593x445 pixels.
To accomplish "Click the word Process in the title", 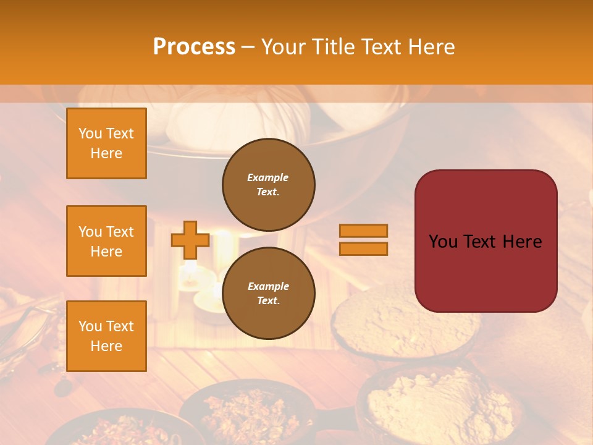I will point(194,47).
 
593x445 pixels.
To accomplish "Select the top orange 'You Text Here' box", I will point(106,143).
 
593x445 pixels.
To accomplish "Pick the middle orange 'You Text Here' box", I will point(106,241).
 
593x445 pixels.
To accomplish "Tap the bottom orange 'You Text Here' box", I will point(106,336).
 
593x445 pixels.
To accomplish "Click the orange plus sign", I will point(190,240).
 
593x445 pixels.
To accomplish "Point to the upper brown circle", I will point(268,184).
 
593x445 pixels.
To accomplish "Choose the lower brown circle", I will point(268,293).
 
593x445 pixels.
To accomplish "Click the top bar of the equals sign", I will point(363,231).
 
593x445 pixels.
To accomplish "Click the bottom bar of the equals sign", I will point(363,248).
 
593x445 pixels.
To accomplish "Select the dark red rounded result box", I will point(486,241).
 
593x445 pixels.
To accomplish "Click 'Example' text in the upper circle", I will point(268,177).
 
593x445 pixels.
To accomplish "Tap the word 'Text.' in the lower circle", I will point(268,300).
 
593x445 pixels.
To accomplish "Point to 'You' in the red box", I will point(443,242).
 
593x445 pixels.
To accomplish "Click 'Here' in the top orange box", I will point(106,153).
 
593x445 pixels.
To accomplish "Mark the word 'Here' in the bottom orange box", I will point(106,346).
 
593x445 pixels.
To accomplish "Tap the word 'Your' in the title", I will point(282,47).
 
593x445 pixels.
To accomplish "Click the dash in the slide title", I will point(248,48).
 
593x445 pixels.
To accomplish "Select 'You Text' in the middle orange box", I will point(106,232).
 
